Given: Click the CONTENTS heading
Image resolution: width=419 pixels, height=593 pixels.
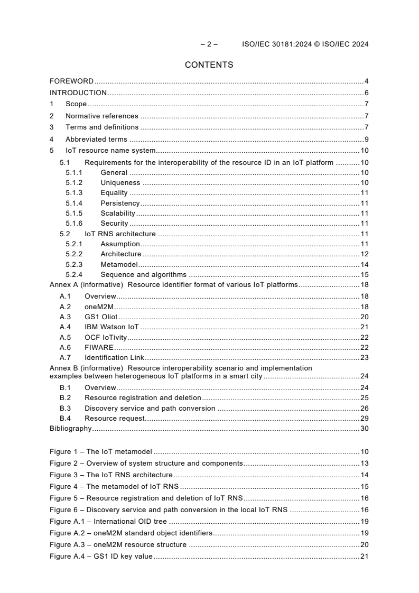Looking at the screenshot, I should tap(209, 65).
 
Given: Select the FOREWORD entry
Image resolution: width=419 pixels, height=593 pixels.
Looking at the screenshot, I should tap(71, 81).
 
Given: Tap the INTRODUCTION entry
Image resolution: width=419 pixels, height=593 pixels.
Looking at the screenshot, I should tap(78, 93).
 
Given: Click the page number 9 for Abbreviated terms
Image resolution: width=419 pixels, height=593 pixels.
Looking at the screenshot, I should tap(366, 140).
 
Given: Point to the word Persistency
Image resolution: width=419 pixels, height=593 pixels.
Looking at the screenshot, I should tap(120, 203).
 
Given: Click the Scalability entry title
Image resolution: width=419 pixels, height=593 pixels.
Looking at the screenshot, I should tap(118, 213).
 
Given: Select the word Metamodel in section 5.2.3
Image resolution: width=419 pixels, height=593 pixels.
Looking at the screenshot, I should tap(119, 264).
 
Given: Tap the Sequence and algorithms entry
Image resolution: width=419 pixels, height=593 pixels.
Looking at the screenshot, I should tap(143, 274).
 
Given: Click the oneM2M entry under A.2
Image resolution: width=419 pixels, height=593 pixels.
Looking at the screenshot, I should tap(99, 307).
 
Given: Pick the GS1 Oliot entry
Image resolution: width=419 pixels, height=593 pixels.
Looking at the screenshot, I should tap(101, 317).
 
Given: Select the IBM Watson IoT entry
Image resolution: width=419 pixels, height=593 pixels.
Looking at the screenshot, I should tap(111, 327).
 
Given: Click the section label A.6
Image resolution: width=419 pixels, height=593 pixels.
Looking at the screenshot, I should tap(65, 347).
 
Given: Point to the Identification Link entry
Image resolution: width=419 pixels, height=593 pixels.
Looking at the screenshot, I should tap(114, 358).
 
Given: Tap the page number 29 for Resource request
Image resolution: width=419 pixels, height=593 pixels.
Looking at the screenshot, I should tap(364, 418).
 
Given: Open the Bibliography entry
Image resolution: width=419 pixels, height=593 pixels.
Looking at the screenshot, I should tap(70, 428).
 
